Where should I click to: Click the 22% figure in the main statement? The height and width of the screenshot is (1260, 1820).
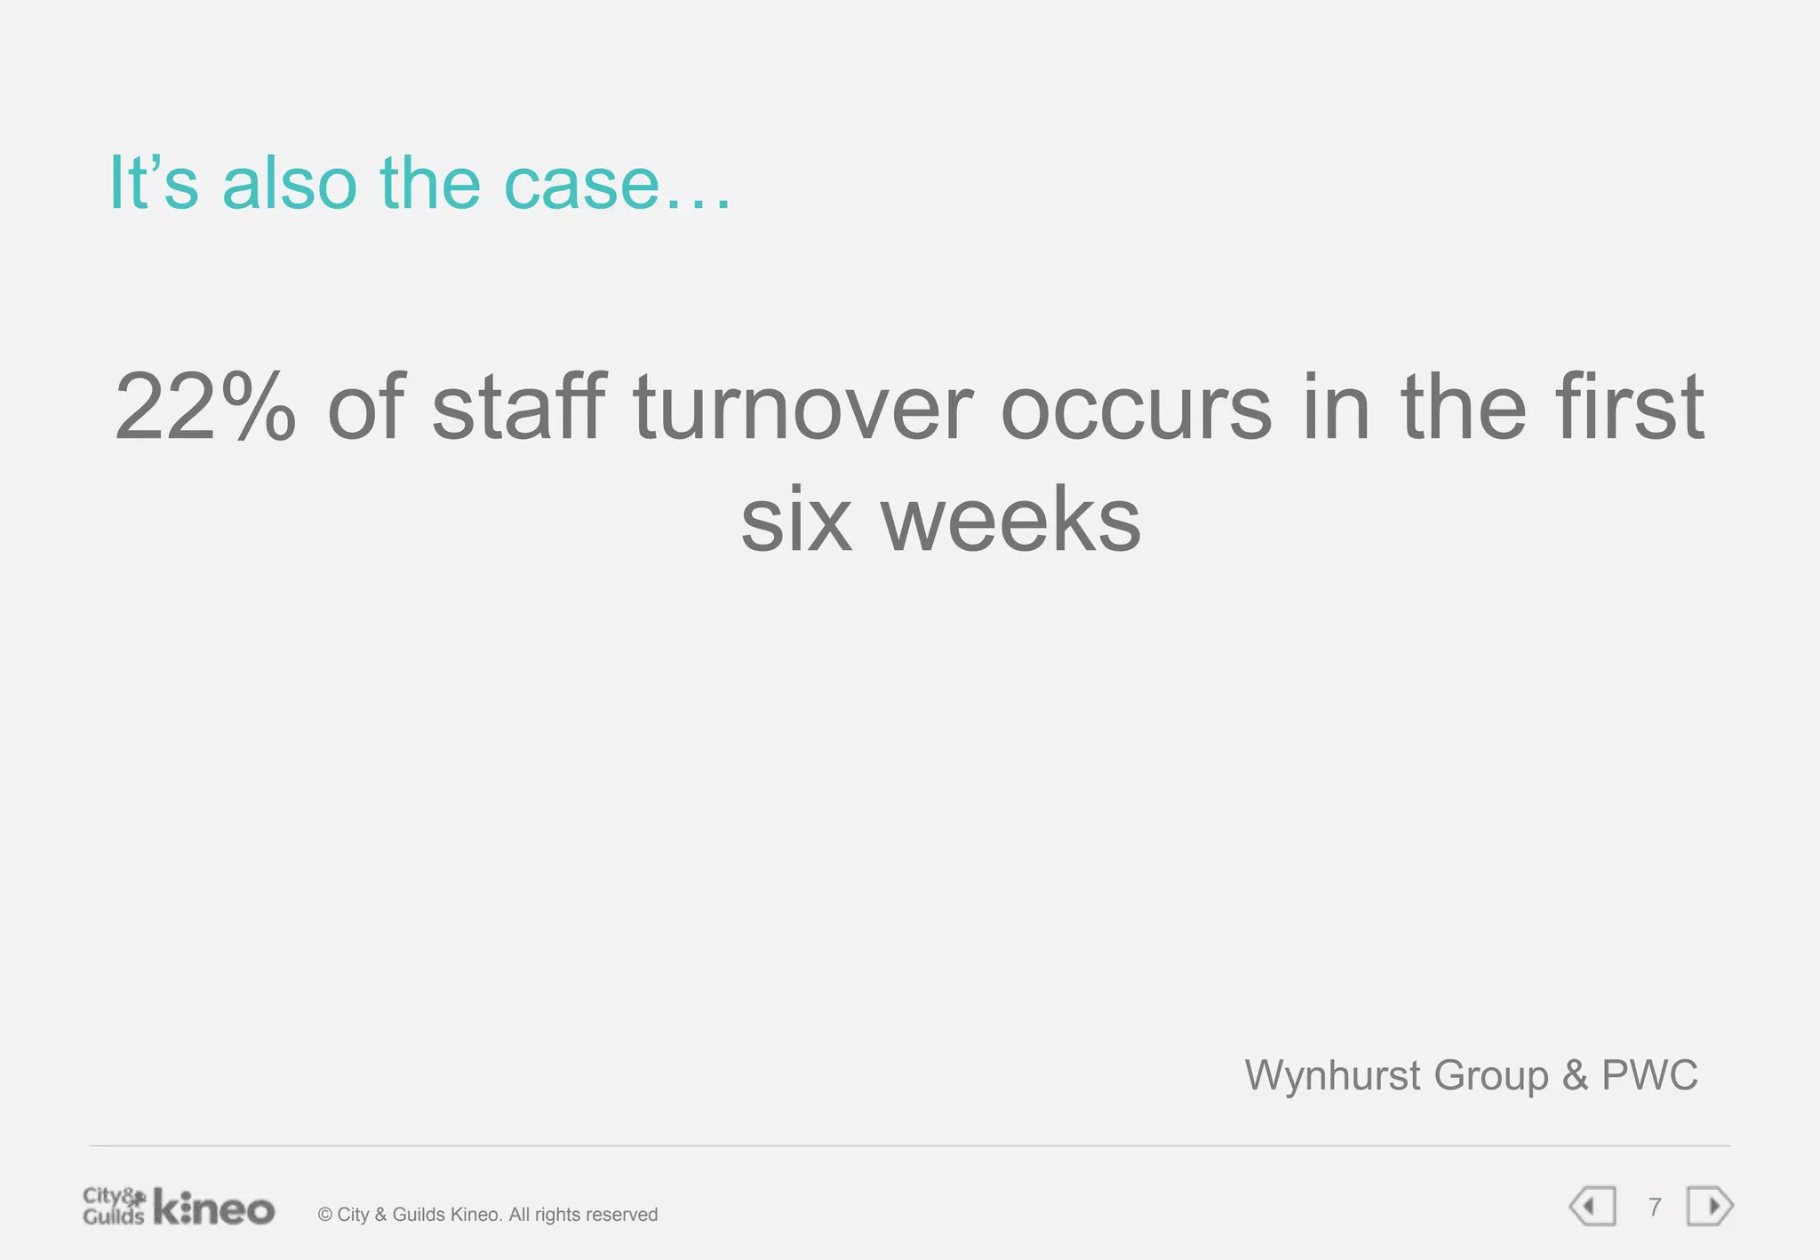click(x=205, y=408)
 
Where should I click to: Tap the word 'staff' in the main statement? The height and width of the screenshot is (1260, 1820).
click(x=519, y=406)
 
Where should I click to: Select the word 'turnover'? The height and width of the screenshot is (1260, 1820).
click(x=803, y=408)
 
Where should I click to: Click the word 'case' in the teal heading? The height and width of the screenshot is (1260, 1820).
click(x=582, y=184)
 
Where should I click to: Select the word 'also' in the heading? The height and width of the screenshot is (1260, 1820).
click(x=289, y=184)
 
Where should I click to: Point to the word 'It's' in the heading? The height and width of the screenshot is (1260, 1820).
click(x=153, y=184)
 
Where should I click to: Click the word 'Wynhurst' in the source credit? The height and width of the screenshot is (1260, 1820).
click(x=1332, y=1075)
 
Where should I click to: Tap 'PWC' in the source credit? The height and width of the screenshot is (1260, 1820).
click(x=1649, y=1075)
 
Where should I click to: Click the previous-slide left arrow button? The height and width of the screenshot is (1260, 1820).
click(x=1592, y=1207)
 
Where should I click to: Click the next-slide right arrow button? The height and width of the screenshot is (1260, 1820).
click(x=1710, y=1207)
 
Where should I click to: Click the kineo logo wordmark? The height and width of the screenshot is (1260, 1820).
click(x=214, y=1208)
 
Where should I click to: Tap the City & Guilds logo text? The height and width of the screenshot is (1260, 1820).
click(x=113, y=1206)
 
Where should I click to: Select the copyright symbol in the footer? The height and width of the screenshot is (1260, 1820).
click(x=324, y=1215)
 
